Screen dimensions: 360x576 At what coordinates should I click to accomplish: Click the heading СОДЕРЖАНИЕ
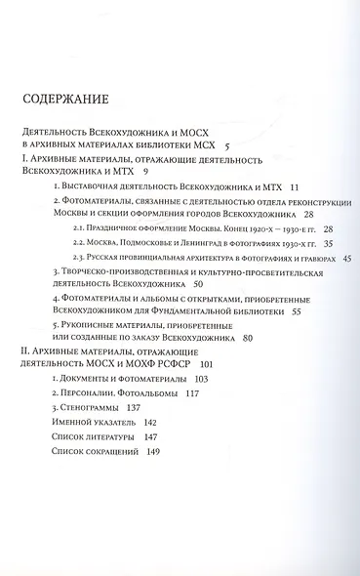[71, 100]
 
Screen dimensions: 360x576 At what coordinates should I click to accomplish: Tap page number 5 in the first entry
[226, 144]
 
